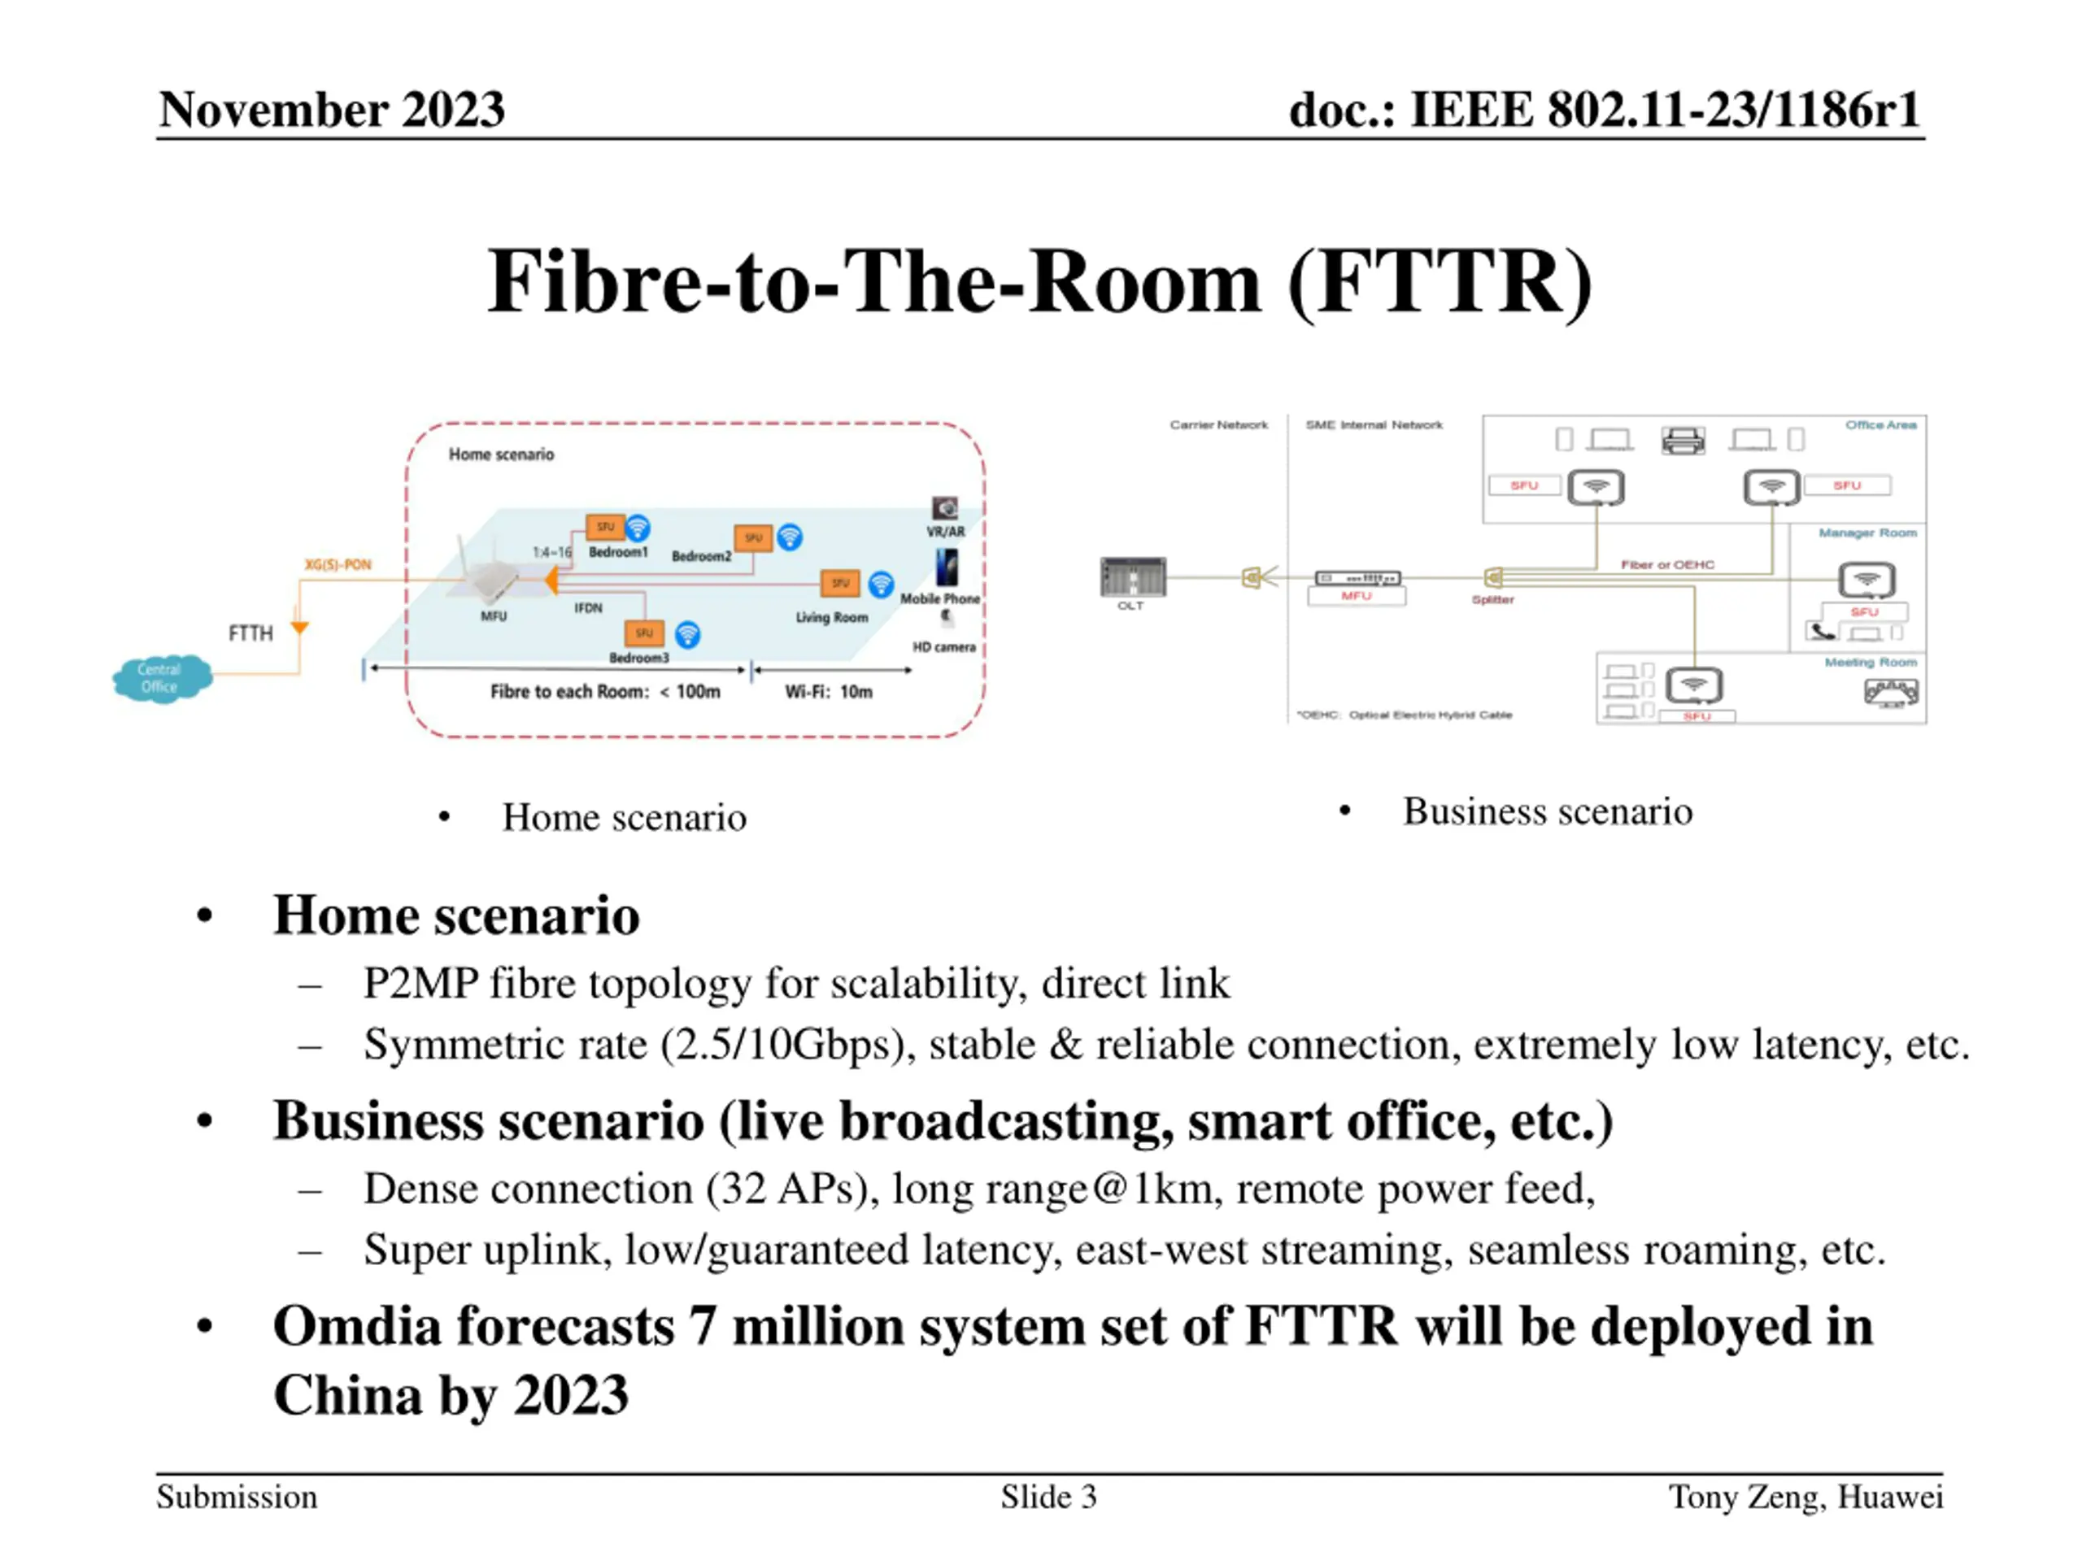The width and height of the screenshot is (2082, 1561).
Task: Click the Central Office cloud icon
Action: [161, 678]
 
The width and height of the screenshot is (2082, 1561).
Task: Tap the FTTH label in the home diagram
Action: [250, 633]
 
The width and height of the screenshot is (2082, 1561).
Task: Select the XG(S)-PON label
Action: [338, 564]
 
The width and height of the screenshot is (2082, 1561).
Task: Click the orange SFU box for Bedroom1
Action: [604, 527]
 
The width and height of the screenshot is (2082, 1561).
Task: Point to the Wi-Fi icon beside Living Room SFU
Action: [881, 585]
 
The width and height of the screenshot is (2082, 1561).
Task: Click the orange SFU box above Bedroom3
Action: [644, 633]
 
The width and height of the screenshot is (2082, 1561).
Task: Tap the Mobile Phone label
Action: [939, 598]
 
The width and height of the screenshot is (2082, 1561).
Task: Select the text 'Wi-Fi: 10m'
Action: [828, 692]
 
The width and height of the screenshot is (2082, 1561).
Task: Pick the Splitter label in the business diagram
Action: [1493, 599]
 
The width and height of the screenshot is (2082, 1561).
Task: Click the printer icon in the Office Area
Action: [1683, 439]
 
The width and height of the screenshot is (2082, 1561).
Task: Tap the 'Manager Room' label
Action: [1867, 533]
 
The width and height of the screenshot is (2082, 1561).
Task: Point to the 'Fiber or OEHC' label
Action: [1667, 564]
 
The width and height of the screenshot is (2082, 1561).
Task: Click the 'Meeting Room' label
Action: [1871, 663]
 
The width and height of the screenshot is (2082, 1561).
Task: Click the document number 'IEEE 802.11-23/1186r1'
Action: [1664, 109]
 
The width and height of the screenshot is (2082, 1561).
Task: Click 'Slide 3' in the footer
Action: [1048, 1497]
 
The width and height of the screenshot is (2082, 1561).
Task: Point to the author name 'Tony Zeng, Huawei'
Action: [1805, 1497]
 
